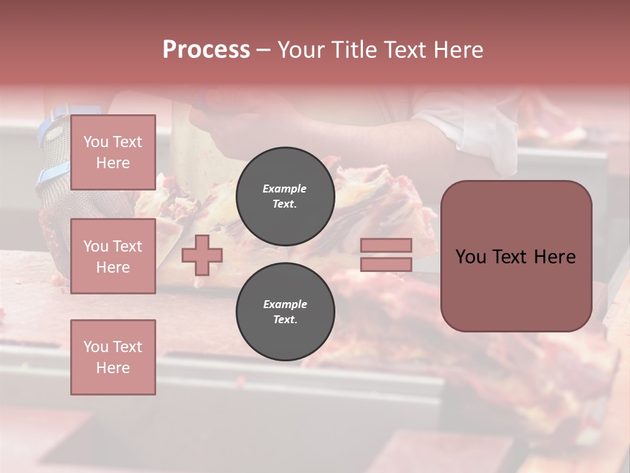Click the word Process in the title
[206, 50]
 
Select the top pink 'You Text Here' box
[113, 152]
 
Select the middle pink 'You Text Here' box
[113, 256]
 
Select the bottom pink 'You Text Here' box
[113, 357]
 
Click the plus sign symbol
[202, 255]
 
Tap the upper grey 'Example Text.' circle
[285, 196]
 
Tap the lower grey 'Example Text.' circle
[285, 312]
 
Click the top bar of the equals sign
[386, 246]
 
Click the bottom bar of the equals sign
[386, 264]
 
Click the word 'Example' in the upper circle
[285, 189]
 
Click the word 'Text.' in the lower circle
[285, 320]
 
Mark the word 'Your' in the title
[299, 50]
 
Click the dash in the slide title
[263, 50]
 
